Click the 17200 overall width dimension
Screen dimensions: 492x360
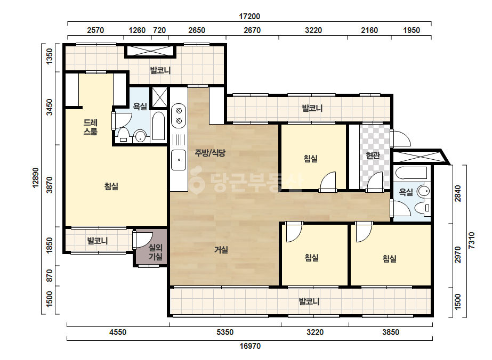249,17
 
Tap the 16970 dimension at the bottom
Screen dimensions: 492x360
250,346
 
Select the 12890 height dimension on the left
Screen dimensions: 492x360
36,178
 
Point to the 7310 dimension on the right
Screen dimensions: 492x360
471,241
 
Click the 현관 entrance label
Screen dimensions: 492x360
373,155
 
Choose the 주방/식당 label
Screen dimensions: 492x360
210,153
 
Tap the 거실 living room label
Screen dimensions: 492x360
221,250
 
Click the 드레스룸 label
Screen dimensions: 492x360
91,127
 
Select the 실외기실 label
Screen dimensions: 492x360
155,252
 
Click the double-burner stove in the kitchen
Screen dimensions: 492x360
179,116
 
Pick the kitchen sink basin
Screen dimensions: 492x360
179,160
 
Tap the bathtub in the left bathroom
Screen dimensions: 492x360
158,126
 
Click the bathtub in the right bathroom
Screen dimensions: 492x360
412,173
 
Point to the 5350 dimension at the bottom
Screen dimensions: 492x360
225,332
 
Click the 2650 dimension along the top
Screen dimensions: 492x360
197,30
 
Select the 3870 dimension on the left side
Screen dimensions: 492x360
50,185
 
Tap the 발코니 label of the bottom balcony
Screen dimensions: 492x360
309,301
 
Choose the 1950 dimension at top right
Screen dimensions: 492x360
412,30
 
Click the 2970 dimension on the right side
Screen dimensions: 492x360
458,255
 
